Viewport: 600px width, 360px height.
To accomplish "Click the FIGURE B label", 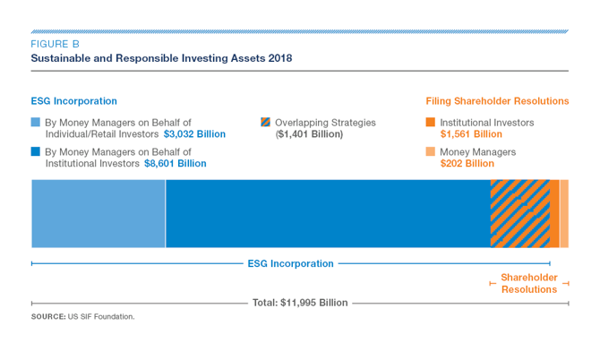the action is point(56,44).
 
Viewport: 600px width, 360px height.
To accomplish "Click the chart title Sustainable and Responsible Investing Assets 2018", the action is point(161,58).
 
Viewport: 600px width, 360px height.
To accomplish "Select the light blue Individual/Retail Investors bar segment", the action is point(99,213).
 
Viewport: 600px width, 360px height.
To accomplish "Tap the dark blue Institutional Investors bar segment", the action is point(328,213).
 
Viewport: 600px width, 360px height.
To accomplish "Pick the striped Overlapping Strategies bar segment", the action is point(520,213).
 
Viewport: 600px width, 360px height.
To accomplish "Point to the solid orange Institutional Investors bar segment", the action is point(554,213).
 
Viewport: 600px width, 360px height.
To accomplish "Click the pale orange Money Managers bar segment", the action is point(564,213).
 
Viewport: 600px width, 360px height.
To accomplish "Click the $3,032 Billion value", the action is point(194,134).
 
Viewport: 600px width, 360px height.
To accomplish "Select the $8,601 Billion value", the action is point(176,164).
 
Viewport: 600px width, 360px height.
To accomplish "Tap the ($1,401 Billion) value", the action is point(309,134).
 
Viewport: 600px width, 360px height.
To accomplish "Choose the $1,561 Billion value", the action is point(471,134).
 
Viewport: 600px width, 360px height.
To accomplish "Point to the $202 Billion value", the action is point(467,164).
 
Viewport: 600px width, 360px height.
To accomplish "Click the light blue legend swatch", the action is point(36,122).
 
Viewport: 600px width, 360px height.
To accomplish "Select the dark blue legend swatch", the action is point(36,151).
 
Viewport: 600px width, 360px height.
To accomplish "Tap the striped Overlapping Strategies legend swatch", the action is point(266,122).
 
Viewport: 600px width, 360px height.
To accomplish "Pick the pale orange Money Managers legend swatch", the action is point(431,151).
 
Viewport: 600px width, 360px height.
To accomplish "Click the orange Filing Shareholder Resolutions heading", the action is point(497,101).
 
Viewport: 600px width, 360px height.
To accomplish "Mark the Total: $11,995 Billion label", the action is point(300,303).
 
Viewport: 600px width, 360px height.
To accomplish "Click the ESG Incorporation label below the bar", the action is point(291,263).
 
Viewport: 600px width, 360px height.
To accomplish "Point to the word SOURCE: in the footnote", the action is point(48,317).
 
